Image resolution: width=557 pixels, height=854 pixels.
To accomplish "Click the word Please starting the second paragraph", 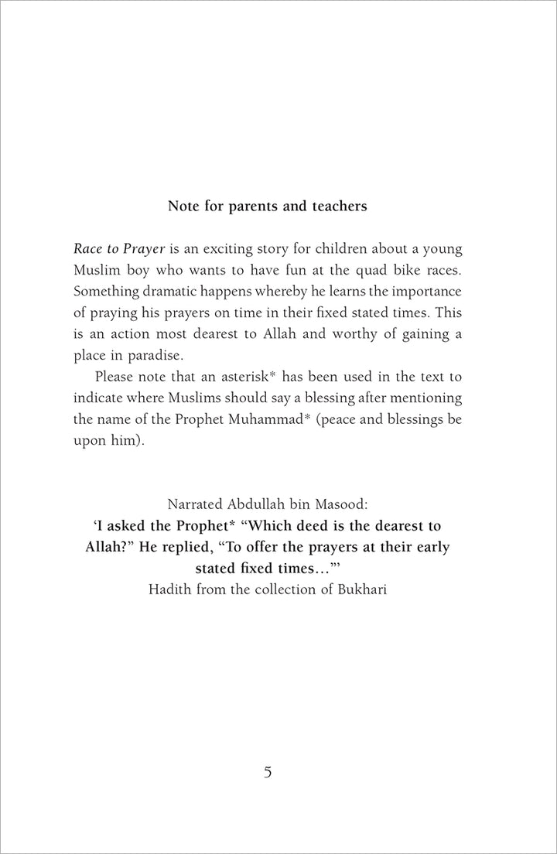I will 116,377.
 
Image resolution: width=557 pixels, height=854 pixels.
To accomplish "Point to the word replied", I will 247,546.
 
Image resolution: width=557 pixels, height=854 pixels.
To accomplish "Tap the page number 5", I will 268,772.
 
